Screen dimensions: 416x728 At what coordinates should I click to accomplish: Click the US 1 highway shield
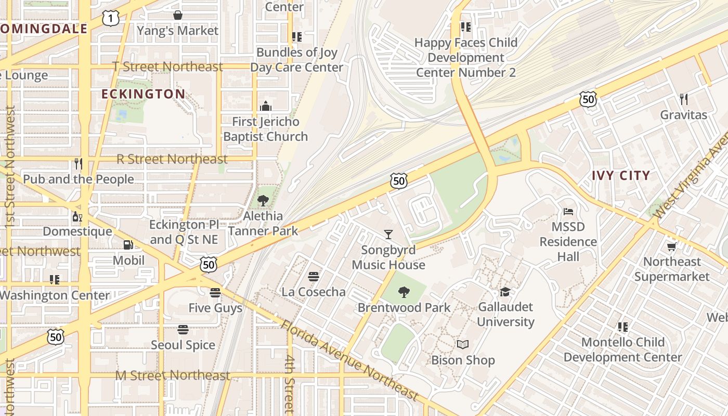click(111, 19)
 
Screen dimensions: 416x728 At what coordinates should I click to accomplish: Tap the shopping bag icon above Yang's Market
click(178, 15)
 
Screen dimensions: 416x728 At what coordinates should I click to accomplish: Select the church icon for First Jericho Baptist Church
click(266, 106)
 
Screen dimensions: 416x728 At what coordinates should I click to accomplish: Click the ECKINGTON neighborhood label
click(143, 94)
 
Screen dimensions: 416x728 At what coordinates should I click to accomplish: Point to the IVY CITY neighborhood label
click(621, 175)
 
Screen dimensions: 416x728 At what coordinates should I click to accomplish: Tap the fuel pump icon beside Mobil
click(128, 244)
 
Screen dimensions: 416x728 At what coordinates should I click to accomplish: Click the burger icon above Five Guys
click(215, 293)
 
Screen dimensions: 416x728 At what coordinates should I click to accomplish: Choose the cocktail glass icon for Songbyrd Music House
click(388, 235)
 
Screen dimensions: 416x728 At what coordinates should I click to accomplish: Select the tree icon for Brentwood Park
click(404, 292)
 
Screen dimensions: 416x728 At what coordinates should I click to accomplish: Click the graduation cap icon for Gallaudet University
click(505, 292)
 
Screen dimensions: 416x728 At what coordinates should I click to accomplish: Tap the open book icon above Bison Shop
click(463, 345)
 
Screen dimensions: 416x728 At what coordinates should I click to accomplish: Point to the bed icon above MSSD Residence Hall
click(568, 212)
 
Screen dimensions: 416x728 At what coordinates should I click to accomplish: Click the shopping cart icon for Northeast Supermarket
click(671, 246)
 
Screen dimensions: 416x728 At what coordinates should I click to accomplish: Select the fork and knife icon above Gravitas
click(684, 99)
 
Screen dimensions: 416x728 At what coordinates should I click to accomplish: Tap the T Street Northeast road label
click(168, 67)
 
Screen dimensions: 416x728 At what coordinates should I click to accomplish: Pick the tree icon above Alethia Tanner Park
click(263, 201)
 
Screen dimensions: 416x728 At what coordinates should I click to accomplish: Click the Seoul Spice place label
click(183, 345)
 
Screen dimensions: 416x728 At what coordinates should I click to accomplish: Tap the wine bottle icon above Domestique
click(77, 216)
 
